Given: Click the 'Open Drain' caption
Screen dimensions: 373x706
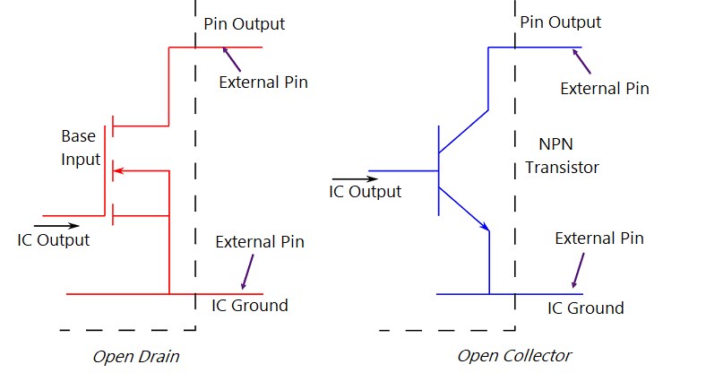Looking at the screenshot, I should coord(136,357).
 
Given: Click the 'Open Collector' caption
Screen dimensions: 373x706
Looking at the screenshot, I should coord(513,356).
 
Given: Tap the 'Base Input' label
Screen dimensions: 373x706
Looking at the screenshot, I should coord(78,148).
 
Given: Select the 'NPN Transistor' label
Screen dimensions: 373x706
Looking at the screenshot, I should coord(562,156).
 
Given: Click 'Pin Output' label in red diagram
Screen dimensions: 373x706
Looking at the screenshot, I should coord(245,24).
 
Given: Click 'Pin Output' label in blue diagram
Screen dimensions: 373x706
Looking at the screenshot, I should coord(561,22).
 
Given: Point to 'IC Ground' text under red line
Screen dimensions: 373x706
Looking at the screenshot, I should coord(250,305).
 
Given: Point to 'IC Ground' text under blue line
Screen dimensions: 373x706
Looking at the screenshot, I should coord(586,308).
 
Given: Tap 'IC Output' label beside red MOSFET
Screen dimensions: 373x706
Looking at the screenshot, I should coord(54,240).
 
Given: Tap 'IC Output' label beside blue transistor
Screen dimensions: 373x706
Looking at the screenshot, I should coord(366,191).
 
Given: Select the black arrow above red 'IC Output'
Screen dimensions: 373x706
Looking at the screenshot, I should coord(56,225).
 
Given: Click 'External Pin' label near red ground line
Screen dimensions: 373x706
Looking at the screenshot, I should coord(260,242).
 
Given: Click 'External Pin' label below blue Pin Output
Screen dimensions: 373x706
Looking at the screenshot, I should coord(604,88).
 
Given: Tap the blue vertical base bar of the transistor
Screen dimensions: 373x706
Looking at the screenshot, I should coord(438,170).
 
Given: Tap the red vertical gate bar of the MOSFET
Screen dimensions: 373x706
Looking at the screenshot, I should coord(106,170).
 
